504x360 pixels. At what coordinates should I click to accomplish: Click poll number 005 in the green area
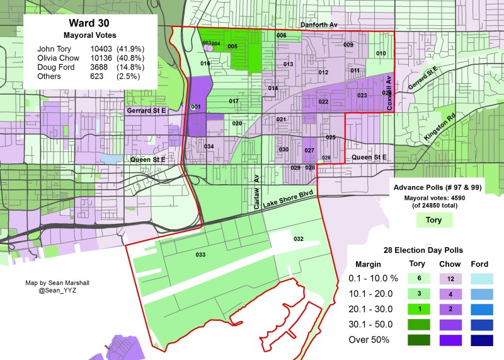tap(232, 47)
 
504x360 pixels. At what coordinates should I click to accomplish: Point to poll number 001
tap(195, 107)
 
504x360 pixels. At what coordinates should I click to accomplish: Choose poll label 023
tap(362, 96)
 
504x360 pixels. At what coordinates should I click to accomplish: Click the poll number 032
tap(299, 239)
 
